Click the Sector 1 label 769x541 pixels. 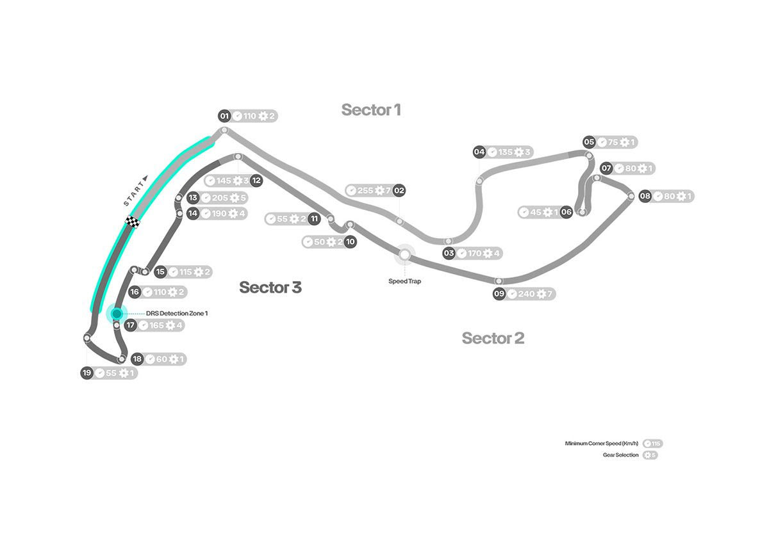click(371, 109)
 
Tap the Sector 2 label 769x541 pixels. click(493, 338)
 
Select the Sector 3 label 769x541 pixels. click(270, 287)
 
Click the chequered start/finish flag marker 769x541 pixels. click(133, 222)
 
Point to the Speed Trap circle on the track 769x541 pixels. click(404, 254)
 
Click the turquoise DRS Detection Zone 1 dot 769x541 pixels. click(117, 314)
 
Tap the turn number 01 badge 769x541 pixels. click(224, 117)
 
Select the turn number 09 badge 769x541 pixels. click(499, 294)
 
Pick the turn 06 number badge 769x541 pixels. click(566, 212)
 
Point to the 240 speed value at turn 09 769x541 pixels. click(527, 294)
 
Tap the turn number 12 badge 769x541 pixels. click(256, 181)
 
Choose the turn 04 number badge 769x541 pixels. click(479, 152)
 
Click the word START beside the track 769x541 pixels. click(135, 191)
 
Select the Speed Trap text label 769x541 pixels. click(404, 280)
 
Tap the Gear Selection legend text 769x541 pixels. click(620, 455)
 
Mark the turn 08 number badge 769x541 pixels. click(645, 197)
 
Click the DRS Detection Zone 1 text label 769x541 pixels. click(176, 314)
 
